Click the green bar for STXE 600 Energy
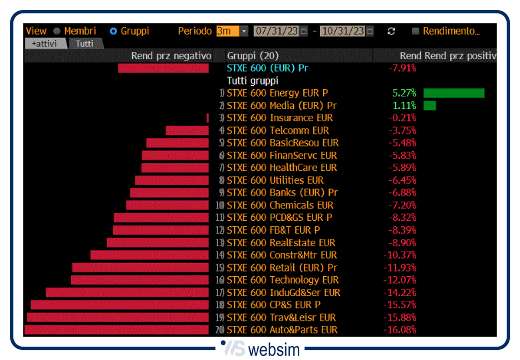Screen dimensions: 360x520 click(454, 93)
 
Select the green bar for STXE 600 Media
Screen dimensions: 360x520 click(430, 105)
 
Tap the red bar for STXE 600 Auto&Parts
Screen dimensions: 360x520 click(116, 329)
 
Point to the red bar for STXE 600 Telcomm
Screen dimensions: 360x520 click(187, 130)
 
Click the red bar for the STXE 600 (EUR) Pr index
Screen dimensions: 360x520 click(163, 68)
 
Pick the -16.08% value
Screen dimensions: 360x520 click(400, 329)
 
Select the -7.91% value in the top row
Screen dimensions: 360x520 click(402, 68)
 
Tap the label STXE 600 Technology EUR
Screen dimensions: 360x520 click(283, 280)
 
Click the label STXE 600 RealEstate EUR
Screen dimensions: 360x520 click(281, 243)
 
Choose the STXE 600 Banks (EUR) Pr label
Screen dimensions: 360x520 click(282, 193)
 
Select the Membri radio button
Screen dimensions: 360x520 click(57, 31)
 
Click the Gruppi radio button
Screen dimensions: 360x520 click(113, 31)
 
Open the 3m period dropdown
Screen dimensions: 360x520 click(244, 31)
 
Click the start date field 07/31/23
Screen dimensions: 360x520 click(276, 31)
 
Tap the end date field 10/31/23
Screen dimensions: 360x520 click(342, 31)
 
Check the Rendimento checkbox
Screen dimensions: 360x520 click(416, 31)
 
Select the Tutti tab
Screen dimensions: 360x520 click(84, 43)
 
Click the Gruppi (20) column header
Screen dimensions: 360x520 click(253, 56)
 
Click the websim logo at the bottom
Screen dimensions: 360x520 click(259, 348)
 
